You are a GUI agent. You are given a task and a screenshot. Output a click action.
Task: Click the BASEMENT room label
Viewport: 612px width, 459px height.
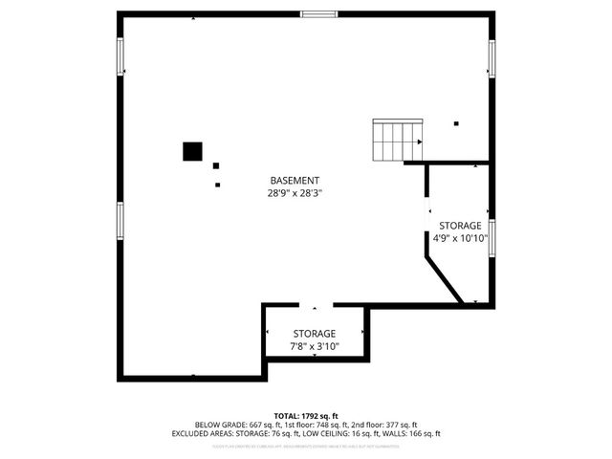click(294, 180)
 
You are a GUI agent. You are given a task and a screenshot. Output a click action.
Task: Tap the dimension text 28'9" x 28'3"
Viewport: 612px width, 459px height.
click(294, 191)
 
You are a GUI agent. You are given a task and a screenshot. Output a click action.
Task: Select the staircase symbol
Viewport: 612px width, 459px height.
click(397, 142)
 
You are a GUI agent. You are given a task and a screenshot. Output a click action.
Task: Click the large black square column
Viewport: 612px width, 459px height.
click(192, 151)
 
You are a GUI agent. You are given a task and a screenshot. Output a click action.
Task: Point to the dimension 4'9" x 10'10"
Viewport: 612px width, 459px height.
click(460, 238)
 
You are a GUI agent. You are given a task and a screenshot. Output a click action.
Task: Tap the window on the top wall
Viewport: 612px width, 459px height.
click(318, 14)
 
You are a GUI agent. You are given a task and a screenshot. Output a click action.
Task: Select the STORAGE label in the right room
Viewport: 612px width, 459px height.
click(460, 226)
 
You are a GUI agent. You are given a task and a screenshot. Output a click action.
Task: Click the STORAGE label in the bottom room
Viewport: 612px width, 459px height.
click(314, 333)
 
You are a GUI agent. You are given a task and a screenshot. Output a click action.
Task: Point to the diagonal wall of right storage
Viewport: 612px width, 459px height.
click(445, 277)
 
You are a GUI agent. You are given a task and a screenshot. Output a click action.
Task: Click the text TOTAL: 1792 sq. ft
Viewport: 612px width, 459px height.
click(306, 415)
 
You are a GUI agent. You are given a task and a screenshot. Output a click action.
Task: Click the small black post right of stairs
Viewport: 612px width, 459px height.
click(456, 123)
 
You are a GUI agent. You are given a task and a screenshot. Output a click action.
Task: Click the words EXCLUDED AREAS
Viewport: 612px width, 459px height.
click(205, 433)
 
